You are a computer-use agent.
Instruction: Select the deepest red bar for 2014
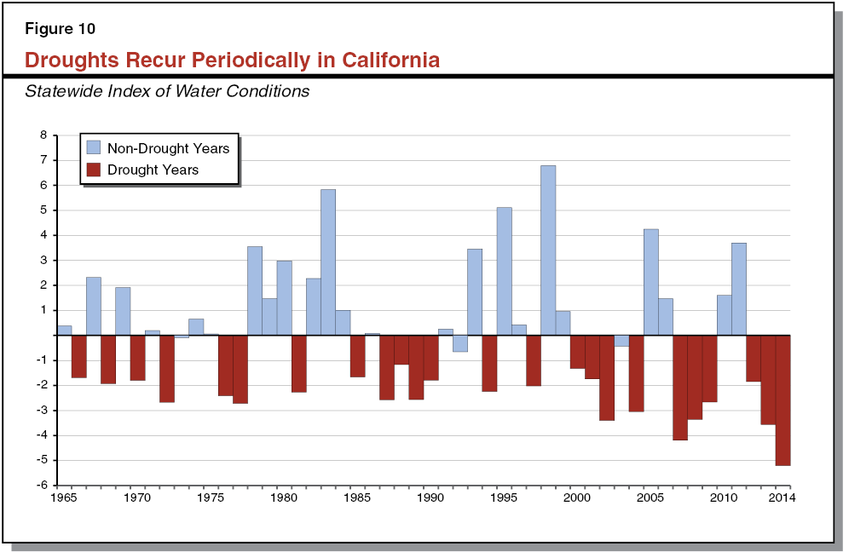point(783,400)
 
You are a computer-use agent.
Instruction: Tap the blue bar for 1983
point(327,262)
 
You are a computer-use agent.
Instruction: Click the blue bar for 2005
point(650,282)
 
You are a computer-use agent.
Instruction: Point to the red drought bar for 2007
point(679,388)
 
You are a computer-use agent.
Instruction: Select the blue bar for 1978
point(254,290)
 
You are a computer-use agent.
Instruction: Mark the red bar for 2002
point(606,377)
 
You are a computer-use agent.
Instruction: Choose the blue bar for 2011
point(738,289)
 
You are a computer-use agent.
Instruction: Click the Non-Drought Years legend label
point(168,148)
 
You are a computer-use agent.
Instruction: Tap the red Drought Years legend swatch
point(94,170)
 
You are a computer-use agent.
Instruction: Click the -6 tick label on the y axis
point(41,486)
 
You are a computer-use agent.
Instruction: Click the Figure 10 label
point(60,29)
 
